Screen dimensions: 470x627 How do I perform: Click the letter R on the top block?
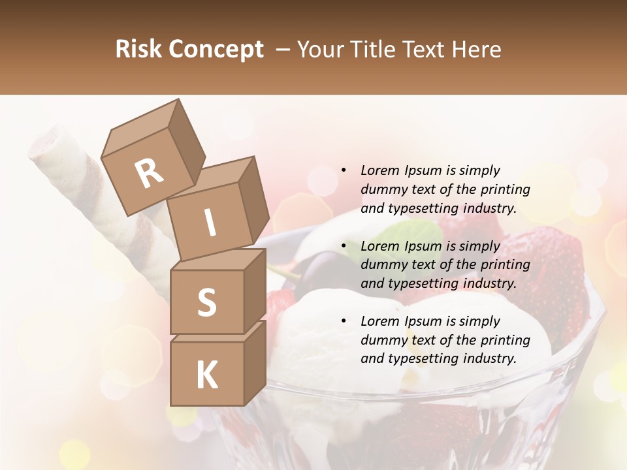coord(150,174)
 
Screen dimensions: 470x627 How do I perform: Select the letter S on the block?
coord(206,302)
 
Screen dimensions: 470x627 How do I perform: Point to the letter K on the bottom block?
coord(206,375)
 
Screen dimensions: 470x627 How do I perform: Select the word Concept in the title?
coord(216,50)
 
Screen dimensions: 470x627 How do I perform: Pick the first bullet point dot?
coord(344,170)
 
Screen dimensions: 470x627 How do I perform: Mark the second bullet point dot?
coord(344,246)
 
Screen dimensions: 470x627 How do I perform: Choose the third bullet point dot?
coord(344,321)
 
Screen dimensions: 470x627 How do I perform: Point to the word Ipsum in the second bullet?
coord(423,246)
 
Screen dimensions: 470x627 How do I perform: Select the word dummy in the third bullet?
coord(383,340)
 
